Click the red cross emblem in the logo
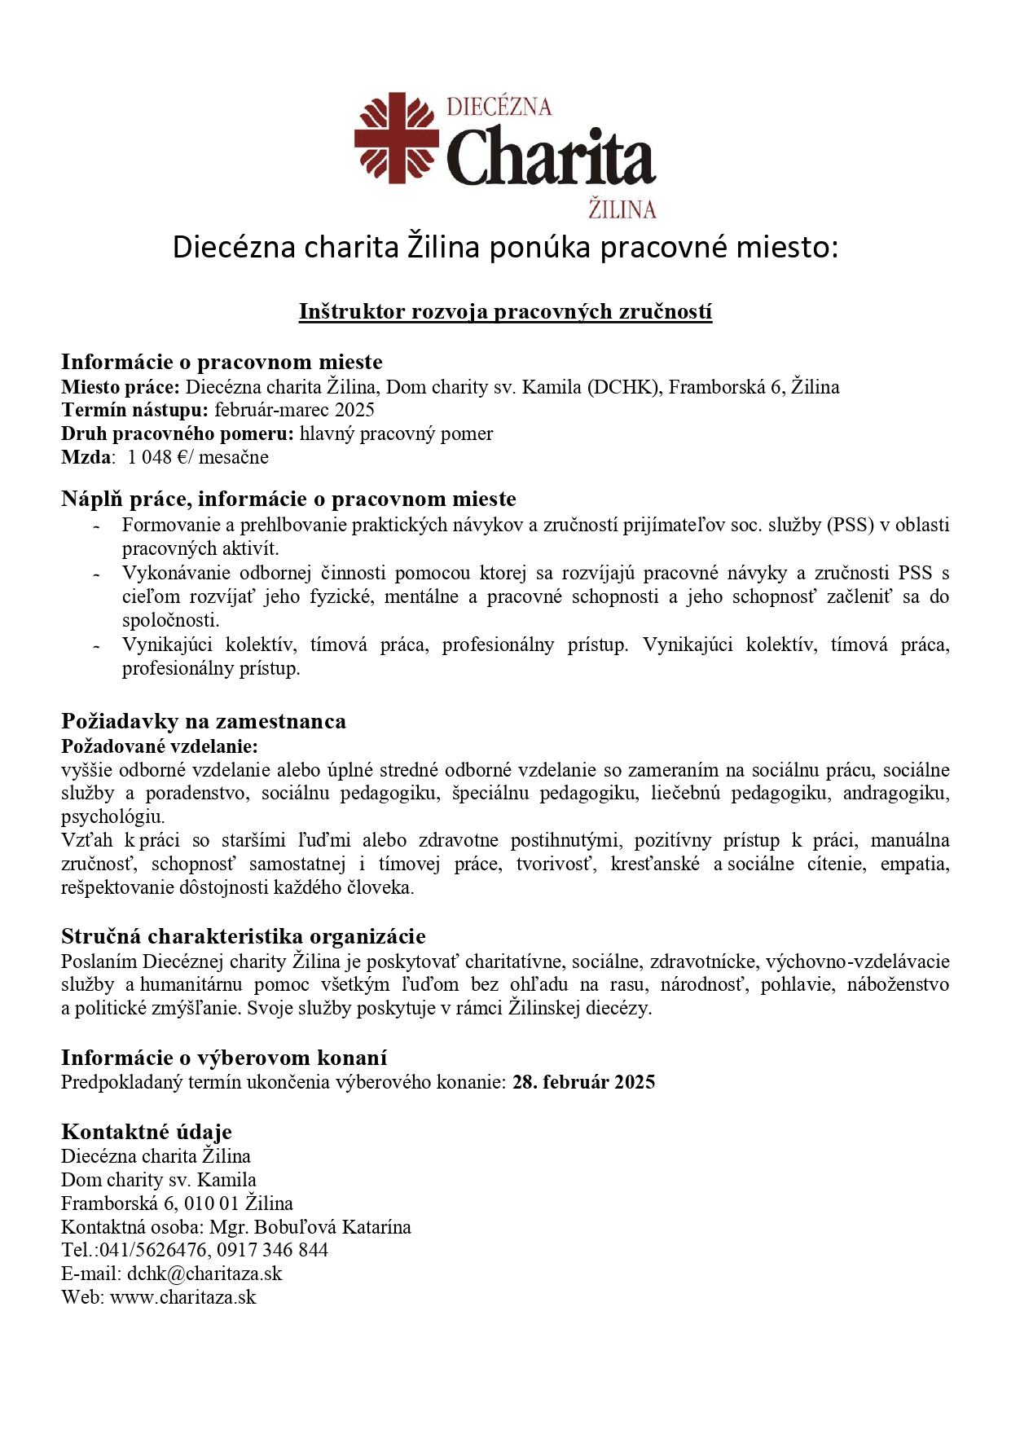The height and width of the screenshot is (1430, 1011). tap(396, 139)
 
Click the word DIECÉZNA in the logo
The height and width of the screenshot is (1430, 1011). tap(499, 107)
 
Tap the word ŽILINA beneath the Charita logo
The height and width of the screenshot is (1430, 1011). tap(622, 209)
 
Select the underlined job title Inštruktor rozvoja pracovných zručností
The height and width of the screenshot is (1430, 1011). tap(505, 311)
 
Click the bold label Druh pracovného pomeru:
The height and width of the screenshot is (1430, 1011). tap(177, 433)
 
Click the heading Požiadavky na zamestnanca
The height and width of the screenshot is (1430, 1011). tap(204, 721)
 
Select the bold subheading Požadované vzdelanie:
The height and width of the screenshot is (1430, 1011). tap(160, 746)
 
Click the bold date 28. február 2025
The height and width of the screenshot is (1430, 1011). tap(583, 1082)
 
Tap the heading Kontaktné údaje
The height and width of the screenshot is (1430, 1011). tap(147, 1132)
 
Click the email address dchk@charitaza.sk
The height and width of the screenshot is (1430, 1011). tap(204, 1274)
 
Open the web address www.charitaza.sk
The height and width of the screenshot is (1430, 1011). tap(183, 1297)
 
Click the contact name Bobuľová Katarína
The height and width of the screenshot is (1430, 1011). tap(332, 1226)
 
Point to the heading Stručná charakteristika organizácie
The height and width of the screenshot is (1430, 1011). tap(244, 936)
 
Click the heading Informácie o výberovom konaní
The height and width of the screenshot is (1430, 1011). tap(224, 1058)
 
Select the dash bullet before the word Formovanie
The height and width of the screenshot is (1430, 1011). tap(97, 526)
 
